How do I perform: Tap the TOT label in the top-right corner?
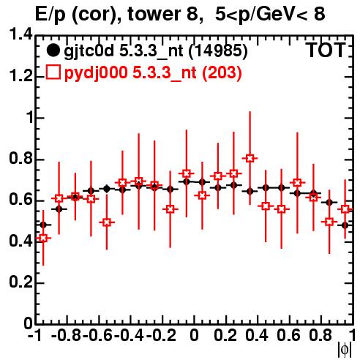click(326, 50)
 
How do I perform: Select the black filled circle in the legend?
click(53, 51)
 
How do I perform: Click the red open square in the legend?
click(53, 72)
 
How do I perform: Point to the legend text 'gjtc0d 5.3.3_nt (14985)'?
click(156, 51)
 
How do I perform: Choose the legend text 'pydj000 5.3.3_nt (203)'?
click(153, 72)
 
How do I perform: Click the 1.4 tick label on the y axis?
click(20, 34)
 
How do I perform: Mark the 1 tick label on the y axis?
click(30, 118)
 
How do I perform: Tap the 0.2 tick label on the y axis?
click(20, 282)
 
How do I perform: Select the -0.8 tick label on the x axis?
click(66, 335)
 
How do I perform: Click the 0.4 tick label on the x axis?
click(257, 335)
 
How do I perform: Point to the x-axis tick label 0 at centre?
click(194, 335)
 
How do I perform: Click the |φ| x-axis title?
click(345, 350)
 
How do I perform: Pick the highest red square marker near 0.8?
click(250, 158)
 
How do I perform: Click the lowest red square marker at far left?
click(43, 238)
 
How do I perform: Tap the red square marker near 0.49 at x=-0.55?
click(107, 222)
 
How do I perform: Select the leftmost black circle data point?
click(43, 225)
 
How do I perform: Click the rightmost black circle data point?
click(345, 225)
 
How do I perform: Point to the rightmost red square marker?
click(345, 209)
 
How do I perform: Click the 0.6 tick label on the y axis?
click(20, 200)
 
